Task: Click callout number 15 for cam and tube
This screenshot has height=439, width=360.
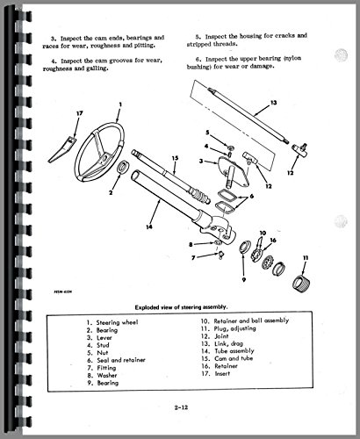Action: (x=175, y=158)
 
